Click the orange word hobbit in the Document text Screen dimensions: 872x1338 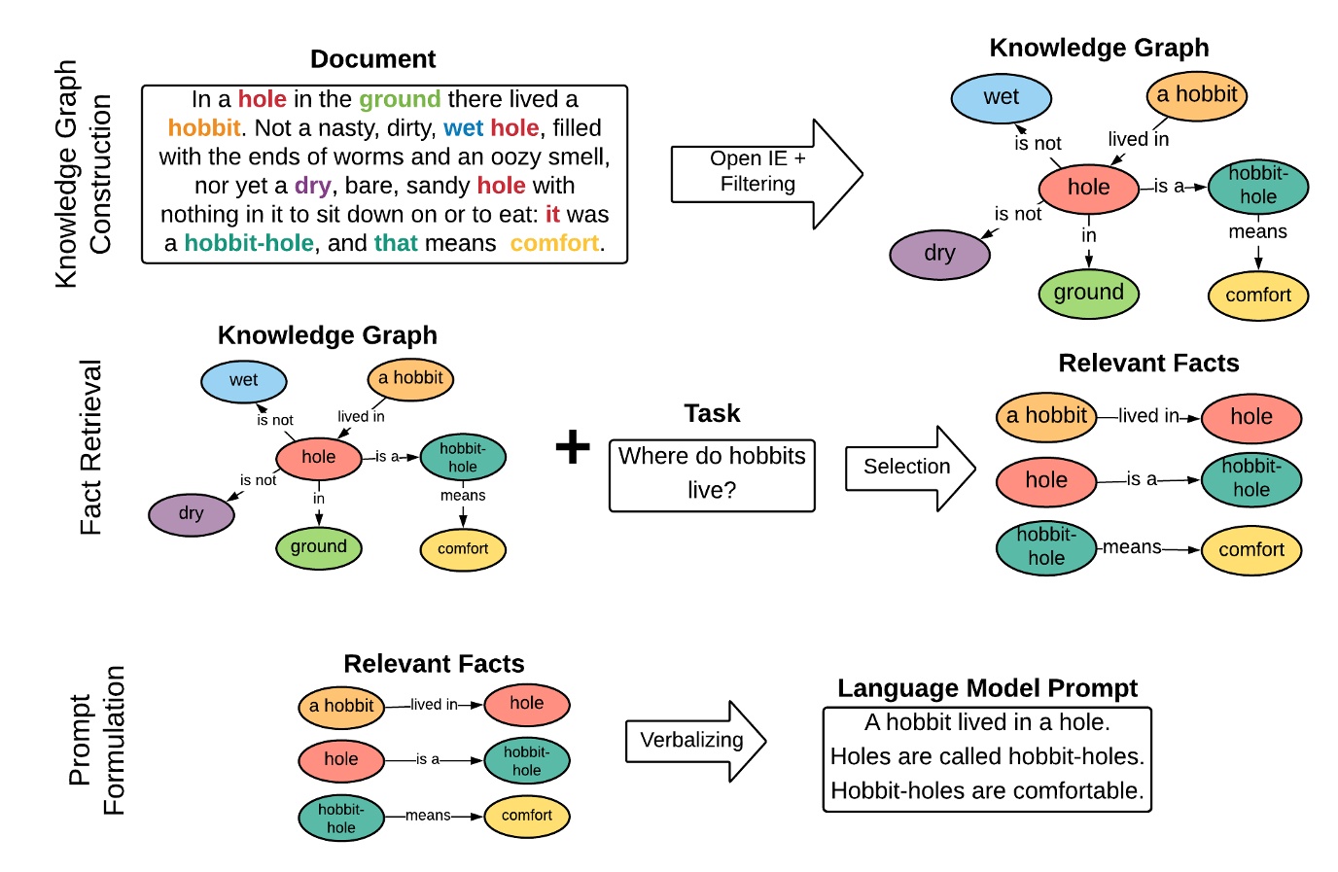203,128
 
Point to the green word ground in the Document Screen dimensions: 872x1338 400,99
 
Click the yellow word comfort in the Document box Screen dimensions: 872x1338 554,243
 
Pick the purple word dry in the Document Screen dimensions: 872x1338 312,186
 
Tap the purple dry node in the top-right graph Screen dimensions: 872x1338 939,254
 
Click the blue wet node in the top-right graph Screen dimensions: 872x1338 1001,97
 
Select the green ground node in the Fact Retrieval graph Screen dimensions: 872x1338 318,547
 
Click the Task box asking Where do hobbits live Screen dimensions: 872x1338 712,474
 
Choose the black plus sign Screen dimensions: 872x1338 573,446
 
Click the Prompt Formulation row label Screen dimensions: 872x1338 96,740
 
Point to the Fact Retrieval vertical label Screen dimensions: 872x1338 90,447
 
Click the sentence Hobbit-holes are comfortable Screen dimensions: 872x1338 987,790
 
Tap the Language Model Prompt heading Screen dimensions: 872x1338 987,688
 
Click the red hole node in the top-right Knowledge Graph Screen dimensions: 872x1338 1088,188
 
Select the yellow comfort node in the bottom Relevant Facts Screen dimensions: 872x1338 526,816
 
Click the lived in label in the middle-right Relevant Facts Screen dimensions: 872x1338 1147,416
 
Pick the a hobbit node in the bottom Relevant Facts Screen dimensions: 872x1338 341,706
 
